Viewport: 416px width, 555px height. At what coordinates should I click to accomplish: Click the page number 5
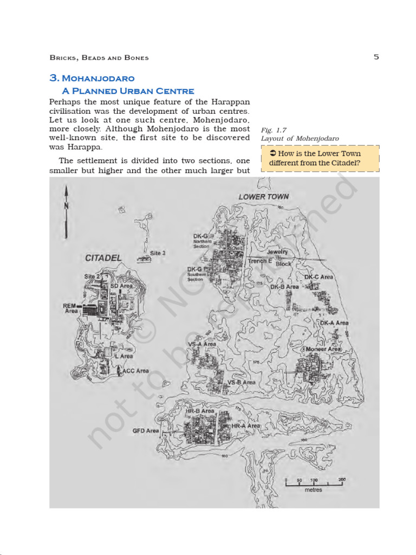click(x=376, y=57)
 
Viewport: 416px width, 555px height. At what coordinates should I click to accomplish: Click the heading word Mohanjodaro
click(x=99, y=79)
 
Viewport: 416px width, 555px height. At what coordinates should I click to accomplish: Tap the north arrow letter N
click(x=66, y=205)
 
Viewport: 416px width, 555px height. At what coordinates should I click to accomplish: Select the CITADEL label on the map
click(x=103, y=258)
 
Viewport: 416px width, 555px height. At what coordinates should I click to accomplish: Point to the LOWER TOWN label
click(x=264, y=197)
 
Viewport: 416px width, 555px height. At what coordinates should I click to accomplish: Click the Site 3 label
click(x=158, y=253)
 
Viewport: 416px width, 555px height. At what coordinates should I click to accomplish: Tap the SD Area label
click(x=121, y=286)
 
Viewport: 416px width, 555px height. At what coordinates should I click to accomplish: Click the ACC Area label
click(x=135, y=371)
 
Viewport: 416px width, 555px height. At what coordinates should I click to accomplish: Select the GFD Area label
click(x=146, y=431)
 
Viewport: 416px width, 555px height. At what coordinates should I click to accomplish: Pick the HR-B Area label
click(x=200, y=411)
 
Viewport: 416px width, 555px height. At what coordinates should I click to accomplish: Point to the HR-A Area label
click(x=246, y=427)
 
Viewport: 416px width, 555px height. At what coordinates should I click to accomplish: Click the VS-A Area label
click(x=202, y=344)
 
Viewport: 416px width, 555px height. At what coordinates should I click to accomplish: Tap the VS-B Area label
click(x=241, y=382)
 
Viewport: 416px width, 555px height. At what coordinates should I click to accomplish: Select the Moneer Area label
click(x=323, y=349)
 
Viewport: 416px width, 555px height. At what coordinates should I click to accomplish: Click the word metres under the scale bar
click(x=313, y=490)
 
